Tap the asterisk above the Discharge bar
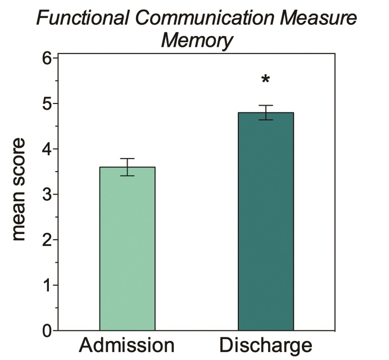[x=265, y=80]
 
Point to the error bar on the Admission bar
[x=127, y=167]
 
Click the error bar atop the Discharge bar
[x=265, y=112]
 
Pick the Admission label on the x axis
[x=127, y=344]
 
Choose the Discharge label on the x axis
[x=265, y=344]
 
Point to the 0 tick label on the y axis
[x=46, y=331]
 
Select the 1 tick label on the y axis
[x=46, y=286]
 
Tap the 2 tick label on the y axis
[x=46, y=240]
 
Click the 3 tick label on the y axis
[x=46, y=195]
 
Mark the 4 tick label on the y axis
[x=46, y=149]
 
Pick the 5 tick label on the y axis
[x=46, y=104]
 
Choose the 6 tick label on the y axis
[x=46, y=58]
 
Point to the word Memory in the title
[x=197, y=40]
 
